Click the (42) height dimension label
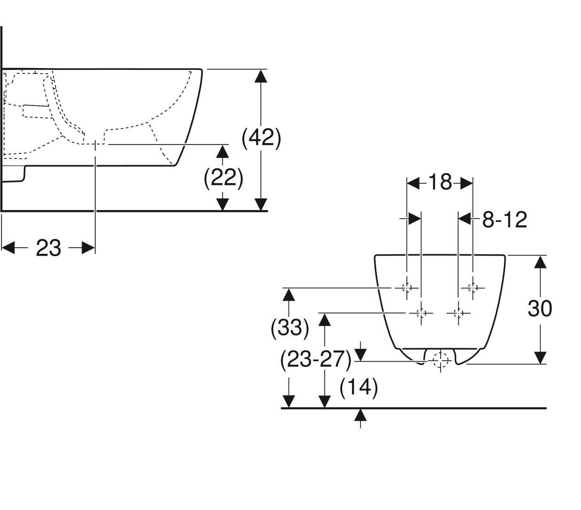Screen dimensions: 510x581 [x=261, y=139]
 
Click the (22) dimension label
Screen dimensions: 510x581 [x=223, y=178]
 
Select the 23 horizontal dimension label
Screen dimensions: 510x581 [x=49, y=248]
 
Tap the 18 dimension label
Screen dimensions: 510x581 [x=440, y=182]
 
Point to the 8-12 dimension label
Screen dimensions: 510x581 [x=505, y=220]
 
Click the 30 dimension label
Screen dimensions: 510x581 [x=540, y=309]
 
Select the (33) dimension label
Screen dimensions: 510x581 [x=290, y=327]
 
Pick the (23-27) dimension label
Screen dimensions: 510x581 [x=315, y=360]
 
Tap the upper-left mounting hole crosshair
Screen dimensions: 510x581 [x=407, y=288]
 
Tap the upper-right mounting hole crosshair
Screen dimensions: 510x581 [x=473, y=288]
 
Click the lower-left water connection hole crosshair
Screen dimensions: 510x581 [x=421, y=312]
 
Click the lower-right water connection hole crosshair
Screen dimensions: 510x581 [x=459, y=312]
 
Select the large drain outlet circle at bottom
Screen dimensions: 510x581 [x=440, y=360]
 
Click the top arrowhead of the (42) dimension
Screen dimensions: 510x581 [x=260, y=76]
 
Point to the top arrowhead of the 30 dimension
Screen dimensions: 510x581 [x=541, y=261]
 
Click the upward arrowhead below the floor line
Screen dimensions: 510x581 [x=360, y=415]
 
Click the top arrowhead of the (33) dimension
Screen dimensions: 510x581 [x=289, y=295]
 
